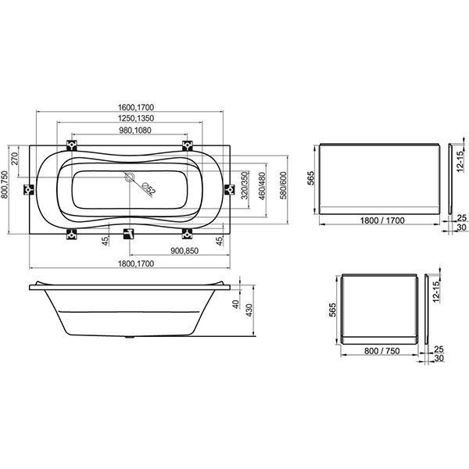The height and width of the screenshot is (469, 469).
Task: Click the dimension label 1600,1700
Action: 136,107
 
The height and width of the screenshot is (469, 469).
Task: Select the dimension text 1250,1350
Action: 136,118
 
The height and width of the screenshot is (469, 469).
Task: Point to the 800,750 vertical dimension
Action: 5,184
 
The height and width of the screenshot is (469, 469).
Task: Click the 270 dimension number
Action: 15,159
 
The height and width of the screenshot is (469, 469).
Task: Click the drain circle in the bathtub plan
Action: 130,177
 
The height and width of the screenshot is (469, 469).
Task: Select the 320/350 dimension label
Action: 245,185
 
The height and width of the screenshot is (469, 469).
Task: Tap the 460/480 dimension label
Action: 262,186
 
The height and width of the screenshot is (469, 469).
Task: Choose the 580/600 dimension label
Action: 283,185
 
